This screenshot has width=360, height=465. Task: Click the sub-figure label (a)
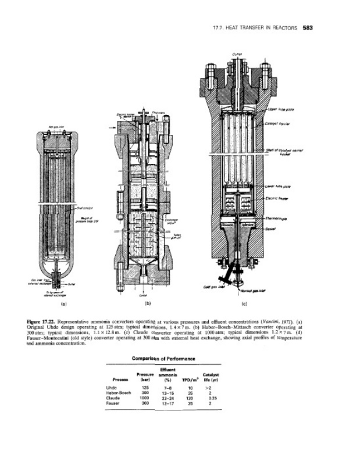(x=54, y=303)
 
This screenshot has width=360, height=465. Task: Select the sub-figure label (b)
(x=148, y=303)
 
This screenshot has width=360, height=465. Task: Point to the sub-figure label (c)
(x=244, y=303)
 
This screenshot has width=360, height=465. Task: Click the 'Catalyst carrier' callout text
(x=280, y=123)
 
